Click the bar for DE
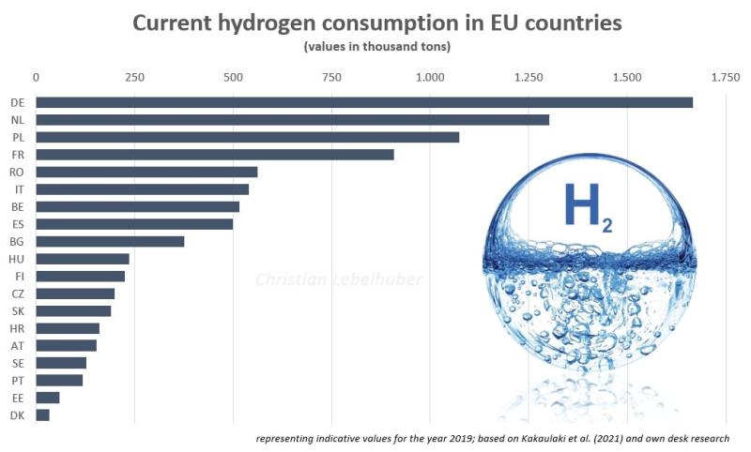[x=364, y=102]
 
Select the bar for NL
[x=292, y=120]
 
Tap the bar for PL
[x=247, y=137]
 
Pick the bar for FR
[x=214, y=155]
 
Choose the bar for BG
[x=110, y=241]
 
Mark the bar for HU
[x=83, y=259]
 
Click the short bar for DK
[x=42, y=414]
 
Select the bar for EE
[x=47, y=398]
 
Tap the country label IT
[x=19, y=189]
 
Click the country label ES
[x=18, y=224]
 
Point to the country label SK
[x=18, y=310]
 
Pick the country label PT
[x=18, y=380]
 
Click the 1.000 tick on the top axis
[x=430, y=78]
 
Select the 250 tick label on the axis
[x=134, y=78]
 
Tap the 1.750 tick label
[x=726, y=78]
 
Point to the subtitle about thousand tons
[x=375, y=47]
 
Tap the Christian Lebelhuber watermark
[x=340, y=279]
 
